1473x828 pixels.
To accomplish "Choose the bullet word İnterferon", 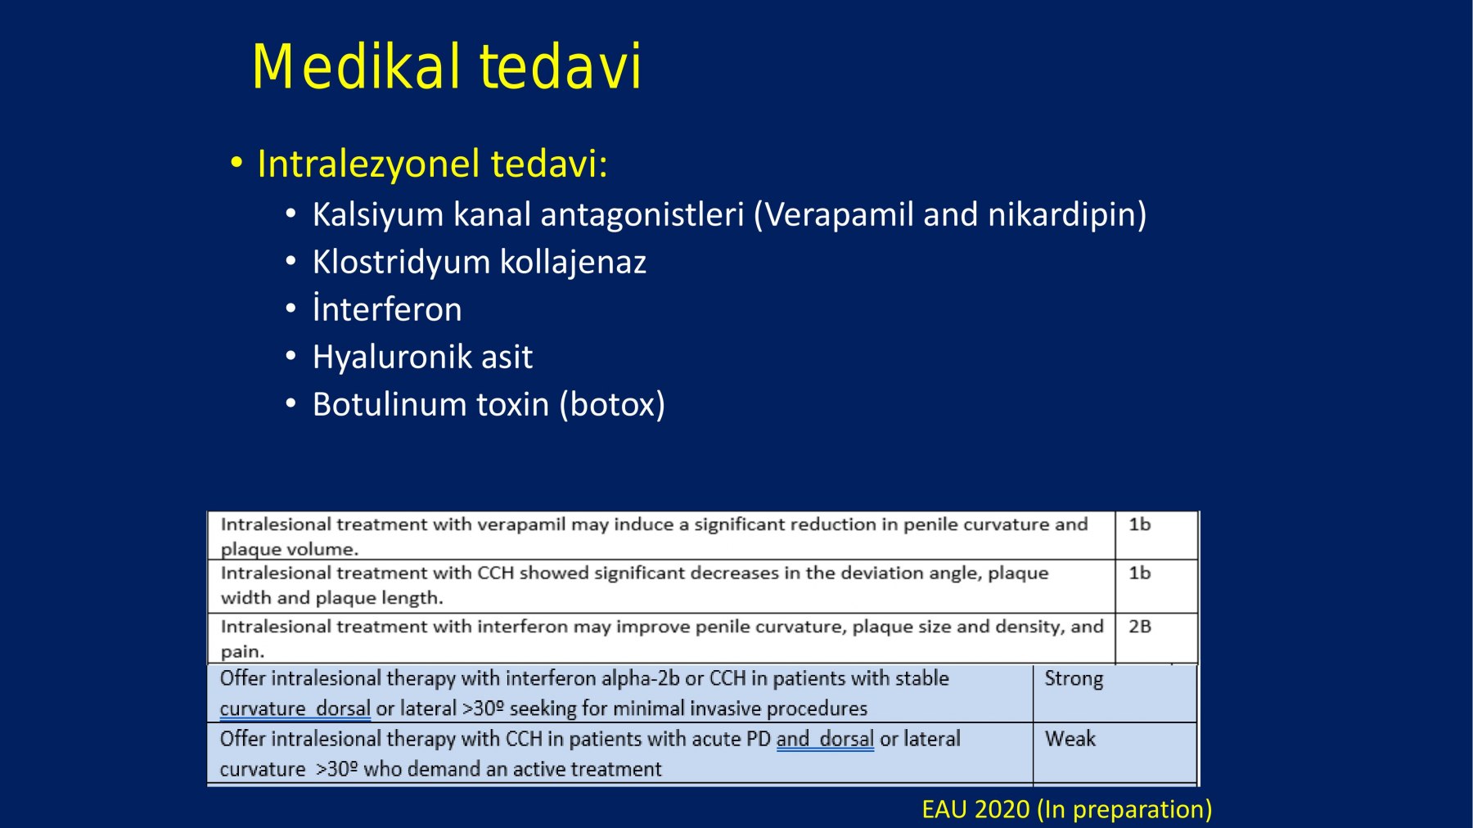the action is (x=387, y=308).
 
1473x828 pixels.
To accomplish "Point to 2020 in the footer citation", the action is (x=1002, y=809).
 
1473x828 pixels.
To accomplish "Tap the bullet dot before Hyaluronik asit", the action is (x=291, y=357).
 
